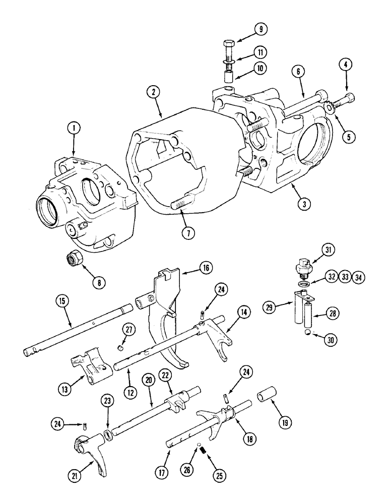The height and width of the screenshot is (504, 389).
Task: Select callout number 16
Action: (205, 268)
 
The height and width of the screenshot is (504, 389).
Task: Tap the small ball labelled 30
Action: (306, 334)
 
